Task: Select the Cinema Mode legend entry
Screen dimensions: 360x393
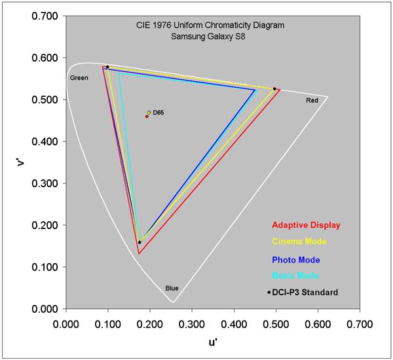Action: point(300,242)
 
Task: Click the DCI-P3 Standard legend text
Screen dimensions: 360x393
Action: point(306,292)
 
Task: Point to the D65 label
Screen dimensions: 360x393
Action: point(159,113)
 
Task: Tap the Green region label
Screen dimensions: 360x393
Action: point(79,78)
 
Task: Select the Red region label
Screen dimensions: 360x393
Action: point(312,101)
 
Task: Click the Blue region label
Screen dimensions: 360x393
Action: point(172,288)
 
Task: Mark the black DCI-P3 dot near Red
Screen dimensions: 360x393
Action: point(274,89)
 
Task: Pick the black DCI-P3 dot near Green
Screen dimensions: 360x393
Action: point(107,67)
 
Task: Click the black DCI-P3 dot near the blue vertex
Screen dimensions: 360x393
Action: point(140,242)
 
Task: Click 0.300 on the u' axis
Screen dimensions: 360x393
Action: point(192,323)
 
